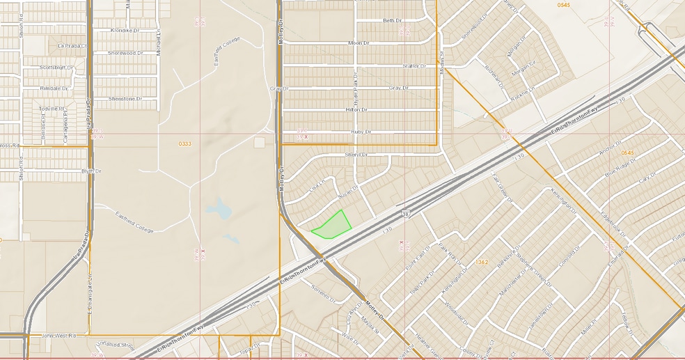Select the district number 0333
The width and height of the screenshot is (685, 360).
(184, 143)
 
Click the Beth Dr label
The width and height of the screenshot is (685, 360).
(393, 21)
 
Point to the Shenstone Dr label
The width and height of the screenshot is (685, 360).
(125, 99)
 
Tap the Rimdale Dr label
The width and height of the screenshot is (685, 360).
(54, 89)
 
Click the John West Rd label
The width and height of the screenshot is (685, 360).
(57, 336)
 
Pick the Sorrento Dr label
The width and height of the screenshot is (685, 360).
(324, 292)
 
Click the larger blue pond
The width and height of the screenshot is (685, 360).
(219, 208)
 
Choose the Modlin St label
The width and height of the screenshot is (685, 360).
(441, 61)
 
